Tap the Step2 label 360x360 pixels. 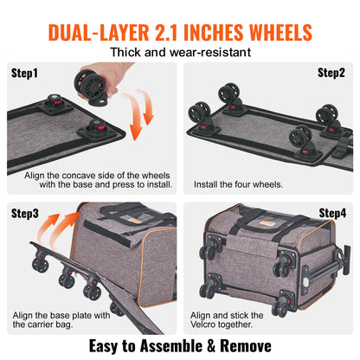pos(331,74)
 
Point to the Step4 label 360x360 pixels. pos(331,212)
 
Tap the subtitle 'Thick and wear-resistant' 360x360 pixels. pos(180,55)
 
